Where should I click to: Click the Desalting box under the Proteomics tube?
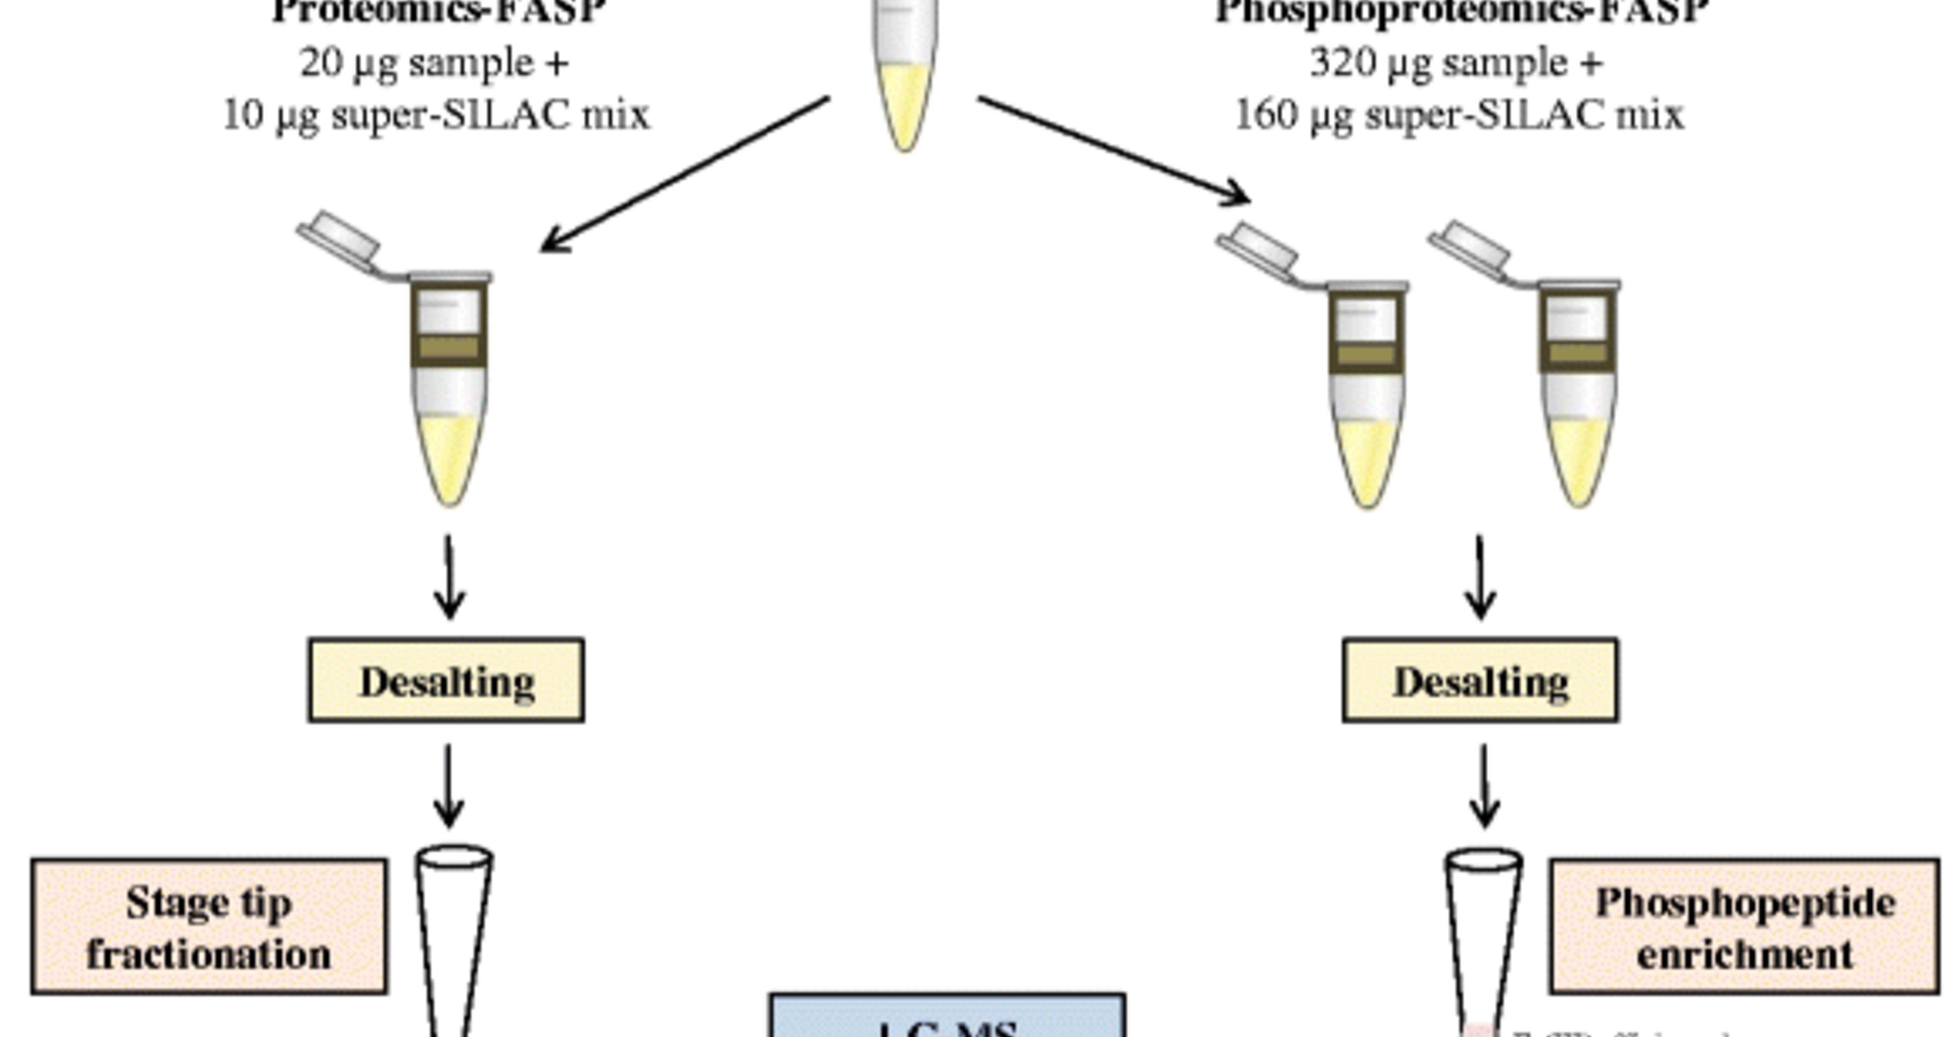(x=446, y=680)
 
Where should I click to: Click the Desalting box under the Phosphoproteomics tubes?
(x=1480, y=680)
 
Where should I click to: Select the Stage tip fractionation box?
(x=209, y=926)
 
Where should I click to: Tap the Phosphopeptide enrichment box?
(x=1744, y=926)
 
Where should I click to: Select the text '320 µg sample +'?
(x=1457, y=63)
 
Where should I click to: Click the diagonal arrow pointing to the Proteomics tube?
(x=683, y=174)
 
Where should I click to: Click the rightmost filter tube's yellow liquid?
(x=1579, y=462)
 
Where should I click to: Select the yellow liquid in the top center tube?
(x=905, y=106)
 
